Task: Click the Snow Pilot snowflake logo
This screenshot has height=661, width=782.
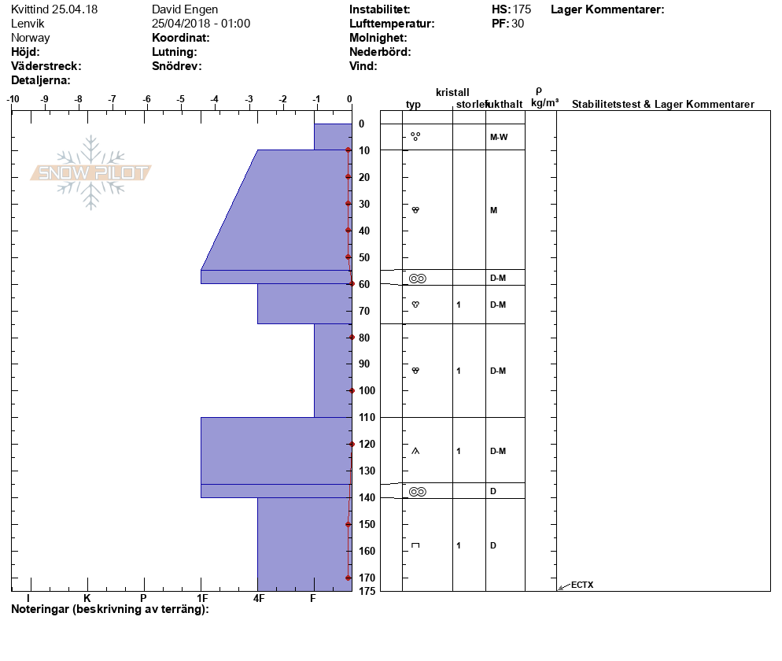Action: (x=90, y=172)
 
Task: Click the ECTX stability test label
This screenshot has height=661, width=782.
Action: (x=582, y=585)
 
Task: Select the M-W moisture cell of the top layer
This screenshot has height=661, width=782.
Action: (x=499, y=137)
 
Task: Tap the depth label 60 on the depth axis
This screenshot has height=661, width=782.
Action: (x=364, y=284)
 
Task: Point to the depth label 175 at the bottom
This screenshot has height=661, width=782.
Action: (x=367, y=592)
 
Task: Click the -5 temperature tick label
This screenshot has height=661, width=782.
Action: (x=180, y=99)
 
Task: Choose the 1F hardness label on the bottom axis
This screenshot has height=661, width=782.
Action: (x=202, y=598)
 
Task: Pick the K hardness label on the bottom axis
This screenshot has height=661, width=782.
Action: (x=87, y=598)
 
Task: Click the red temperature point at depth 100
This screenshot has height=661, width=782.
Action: (x=352, y=390)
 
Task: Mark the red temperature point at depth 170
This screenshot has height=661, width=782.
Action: (x=348, y=578)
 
